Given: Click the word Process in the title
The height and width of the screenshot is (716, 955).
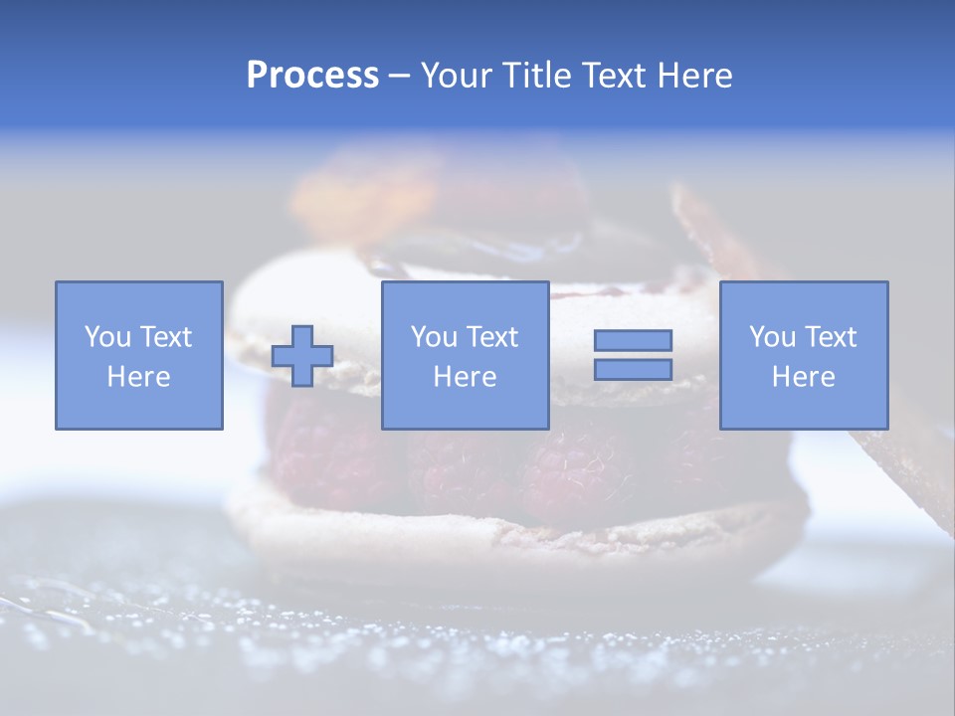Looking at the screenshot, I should point(312,76).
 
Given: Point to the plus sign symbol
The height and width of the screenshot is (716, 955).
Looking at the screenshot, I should point(302,356).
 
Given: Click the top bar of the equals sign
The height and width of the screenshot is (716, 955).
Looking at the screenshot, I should point(633,340).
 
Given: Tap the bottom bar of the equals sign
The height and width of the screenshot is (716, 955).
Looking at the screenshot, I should point(633,369).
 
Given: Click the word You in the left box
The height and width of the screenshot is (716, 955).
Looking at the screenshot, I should point(107,337).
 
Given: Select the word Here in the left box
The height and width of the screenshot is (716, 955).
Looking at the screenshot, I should point(138,377).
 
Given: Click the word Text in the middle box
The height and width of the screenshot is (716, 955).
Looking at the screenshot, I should point(493,337).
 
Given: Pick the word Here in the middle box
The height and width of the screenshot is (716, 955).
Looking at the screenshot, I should point(465,377).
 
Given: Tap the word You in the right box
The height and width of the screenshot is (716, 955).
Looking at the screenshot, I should point(772,337).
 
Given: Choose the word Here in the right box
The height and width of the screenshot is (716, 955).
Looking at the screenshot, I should point(803,377).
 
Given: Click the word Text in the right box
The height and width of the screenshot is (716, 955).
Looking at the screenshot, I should point(832,337).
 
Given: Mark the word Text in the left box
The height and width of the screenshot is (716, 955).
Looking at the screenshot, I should point(167,337).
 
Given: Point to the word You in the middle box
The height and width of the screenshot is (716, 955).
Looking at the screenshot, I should point(434,337).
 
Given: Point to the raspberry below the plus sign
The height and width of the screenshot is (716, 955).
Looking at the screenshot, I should point(318,447).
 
